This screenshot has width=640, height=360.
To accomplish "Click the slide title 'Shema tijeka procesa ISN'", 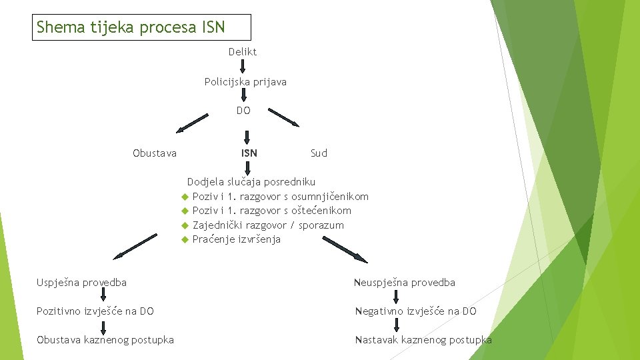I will point(131,27).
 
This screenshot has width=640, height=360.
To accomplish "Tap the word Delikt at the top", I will point(242,51).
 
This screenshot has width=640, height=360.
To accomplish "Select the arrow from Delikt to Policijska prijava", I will point(243,66).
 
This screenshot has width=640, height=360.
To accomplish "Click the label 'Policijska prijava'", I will point(245,82).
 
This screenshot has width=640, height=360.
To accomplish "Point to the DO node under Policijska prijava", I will point(243,111).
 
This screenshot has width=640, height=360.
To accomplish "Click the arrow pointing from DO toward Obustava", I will point(192,122).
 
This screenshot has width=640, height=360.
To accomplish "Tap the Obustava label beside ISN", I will point(155,153).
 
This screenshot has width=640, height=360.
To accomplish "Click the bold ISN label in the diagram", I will point(249,153).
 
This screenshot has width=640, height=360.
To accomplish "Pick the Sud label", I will point(319,153).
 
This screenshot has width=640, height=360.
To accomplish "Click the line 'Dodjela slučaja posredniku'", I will point(251,181).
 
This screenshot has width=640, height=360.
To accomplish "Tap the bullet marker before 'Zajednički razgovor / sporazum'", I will point(185,225).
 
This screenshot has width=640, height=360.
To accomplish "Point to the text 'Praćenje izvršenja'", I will point(236,239).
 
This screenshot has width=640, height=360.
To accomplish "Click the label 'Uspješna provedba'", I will point(81,282).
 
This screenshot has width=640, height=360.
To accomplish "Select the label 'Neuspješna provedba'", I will point(404,283).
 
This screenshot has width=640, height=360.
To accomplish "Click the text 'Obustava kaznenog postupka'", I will point(105,340).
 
